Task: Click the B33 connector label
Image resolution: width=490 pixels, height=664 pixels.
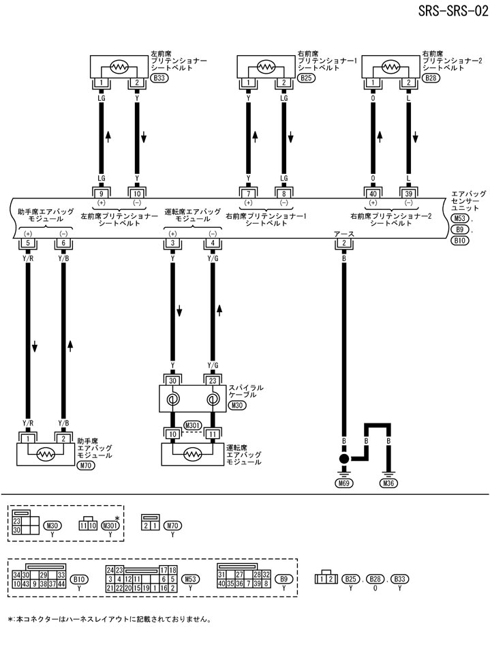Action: (159, 78)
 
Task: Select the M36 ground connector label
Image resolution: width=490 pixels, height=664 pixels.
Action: (389, 484)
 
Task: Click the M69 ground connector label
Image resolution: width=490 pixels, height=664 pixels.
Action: (345, 484)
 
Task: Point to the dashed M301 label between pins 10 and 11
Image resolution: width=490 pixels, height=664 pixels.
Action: (193, 427)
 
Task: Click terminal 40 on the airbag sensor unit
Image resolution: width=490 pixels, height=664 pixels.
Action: (373, 192)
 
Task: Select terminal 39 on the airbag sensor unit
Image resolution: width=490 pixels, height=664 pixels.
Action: (408, 192)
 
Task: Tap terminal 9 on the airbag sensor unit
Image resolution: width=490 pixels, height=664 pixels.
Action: (102, 192)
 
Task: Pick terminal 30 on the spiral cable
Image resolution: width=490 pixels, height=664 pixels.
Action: (172, 381)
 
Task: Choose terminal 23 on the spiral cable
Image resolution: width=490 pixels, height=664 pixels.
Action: (213, 381)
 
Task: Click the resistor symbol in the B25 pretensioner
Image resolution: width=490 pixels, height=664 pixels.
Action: (266, 67)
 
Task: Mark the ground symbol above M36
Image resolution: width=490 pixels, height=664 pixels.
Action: (389, 470)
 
